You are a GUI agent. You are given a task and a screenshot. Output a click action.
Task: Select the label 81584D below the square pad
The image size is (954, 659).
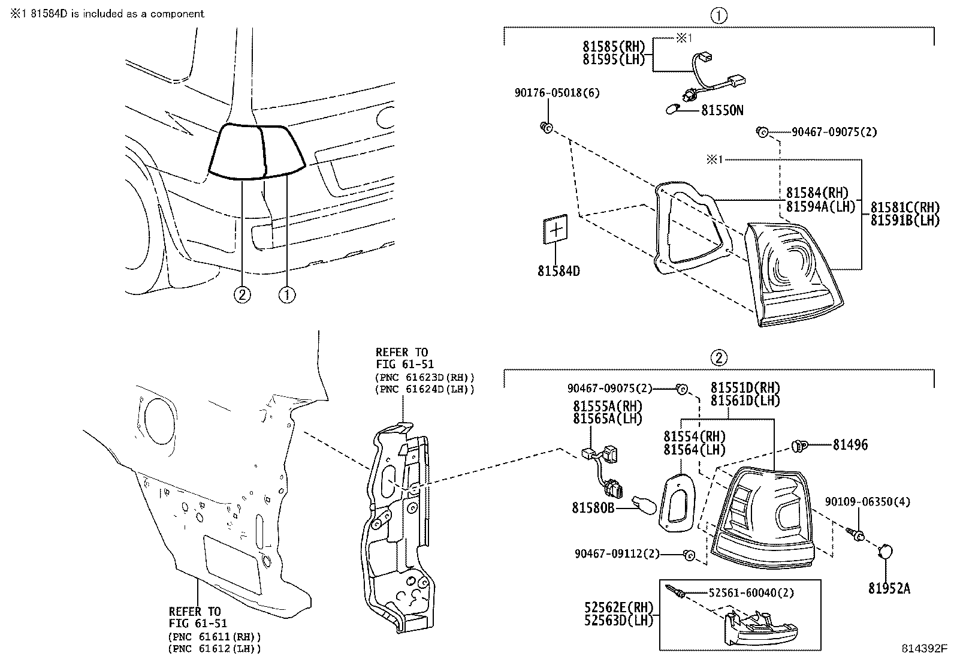pos(558,270)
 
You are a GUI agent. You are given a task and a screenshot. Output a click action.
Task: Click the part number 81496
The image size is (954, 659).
pos(850,445)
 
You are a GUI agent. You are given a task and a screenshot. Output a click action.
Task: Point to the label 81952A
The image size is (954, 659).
pos(889,588)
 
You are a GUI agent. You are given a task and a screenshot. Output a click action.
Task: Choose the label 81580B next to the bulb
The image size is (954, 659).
pos(593,508)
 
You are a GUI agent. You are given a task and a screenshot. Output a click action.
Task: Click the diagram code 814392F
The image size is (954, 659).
pos(925,649)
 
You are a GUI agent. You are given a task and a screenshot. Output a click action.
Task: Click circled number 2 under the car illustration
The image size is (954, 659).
pos(242,294)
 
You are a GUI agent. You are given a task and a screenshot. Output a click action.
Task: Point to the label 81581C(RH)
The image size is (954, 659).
pos(904,207)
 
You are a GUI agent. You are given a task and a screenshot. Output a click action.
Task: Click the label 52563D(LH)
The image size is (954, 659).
pos(618,621)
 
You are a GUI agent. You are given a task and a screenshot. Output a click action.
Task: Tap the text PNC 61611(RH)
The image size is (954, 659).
pos(215,636)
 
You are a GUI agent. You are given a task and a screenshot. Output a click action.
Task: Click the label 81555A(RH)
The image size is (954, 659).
pos(608,406)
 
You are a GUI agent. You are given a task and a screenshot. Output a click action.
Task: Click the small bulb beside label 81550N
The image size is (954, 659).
pos(675,110)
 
